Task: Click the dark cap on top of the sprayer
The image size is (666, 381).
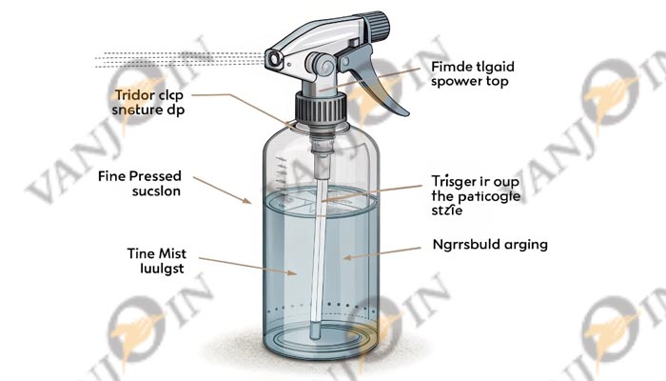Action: pyautogui.click(x=370, y=23)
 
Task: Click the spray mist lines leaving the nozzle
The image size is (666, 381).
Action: pyautogui.click(x=171, y=59)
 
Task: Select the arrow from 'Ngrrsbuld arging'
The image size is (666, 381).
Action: pyautogui.click(x=382, y=254)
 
